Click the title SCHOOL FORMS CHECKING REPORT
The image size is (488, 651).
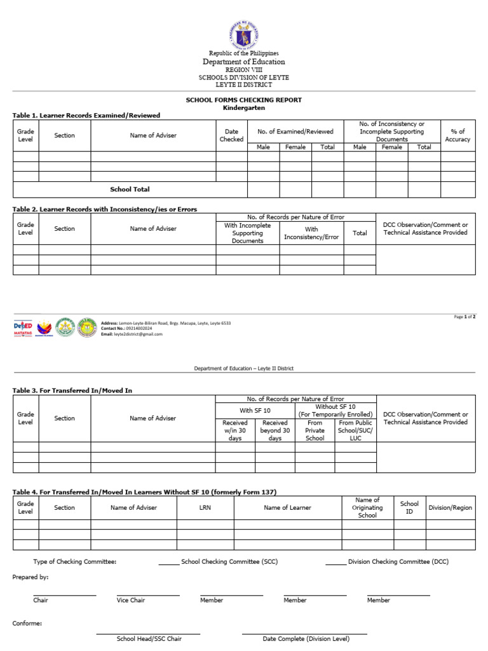tap(243, 100)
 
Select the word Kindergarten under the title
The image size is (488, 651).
tap(243, 108)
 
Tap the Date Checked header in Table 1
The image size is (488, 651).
tap(231, 135)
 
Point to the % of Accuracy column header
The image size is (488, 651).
tap(457, 135)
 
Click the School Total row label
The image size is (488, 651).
tap(130, 189)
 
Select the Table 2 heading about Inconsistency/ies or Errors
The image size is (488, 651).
tap(105, 209)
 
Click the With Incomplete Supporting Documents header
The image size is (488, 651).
tap(247, 233)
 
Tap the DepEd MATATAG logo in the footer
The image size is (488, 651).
tap(23, 328)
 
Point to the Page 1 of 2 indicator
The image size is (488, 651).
tap(464, 317)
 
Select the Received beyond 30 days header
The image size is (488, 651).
tap(274, 430)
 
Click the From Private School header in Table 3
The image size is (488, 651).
tap(315, 430)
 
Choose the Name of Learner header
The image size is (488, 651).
tap(287, 507)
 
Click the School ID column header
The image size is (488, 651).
tap(409, 507)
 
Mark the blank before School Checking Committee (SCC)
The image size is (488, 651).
tap(168, 563)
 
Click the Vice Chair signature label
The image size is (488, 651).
tap(131, 600)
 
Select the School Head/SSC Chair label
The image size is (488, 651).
tap(149, 638)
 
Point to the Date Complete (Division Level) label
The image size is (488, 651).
tap(305, 638)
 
